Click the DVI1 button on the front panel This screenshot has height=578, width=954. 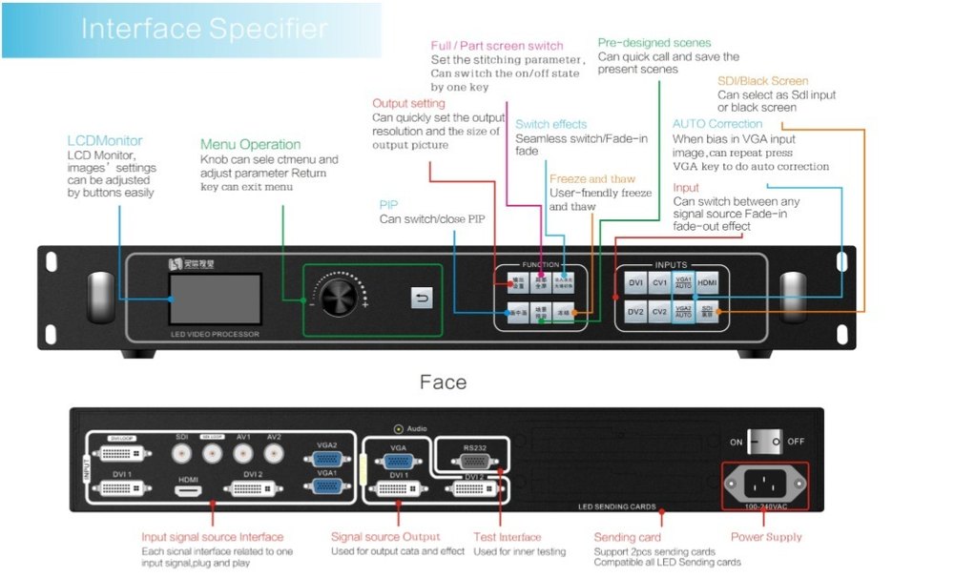(x=636, y=283)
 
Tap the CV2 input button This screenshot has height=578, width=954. (x=660, y=312)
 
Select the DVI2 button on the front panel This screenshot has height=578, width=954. (x=636, y=312)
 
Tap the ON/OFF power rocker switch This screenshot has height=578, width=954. (x=763, y=443)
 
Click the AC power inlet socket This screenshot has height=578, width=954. (x=763, y=482)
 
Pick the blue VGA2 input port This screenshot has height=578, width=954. (x=326, y=458)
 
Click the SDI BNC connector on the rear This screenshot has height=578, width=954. (x=181, y=451)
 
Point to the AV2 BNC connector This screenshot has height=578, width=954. (x=274, y=451)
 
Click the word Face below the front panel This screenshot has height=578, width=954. (x=443, y=382)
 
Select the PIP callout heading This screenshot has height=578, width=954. (x=388, y=204)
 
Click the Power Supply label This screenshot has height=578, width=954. (x=766, y=537)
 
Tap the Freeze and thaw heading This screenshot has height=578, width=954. (x=591, y=178)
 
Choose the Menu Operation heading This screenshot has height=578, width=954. (x=250, y=144)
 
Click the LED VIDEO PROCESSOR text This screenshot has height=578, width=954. (x=215, y=334)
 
